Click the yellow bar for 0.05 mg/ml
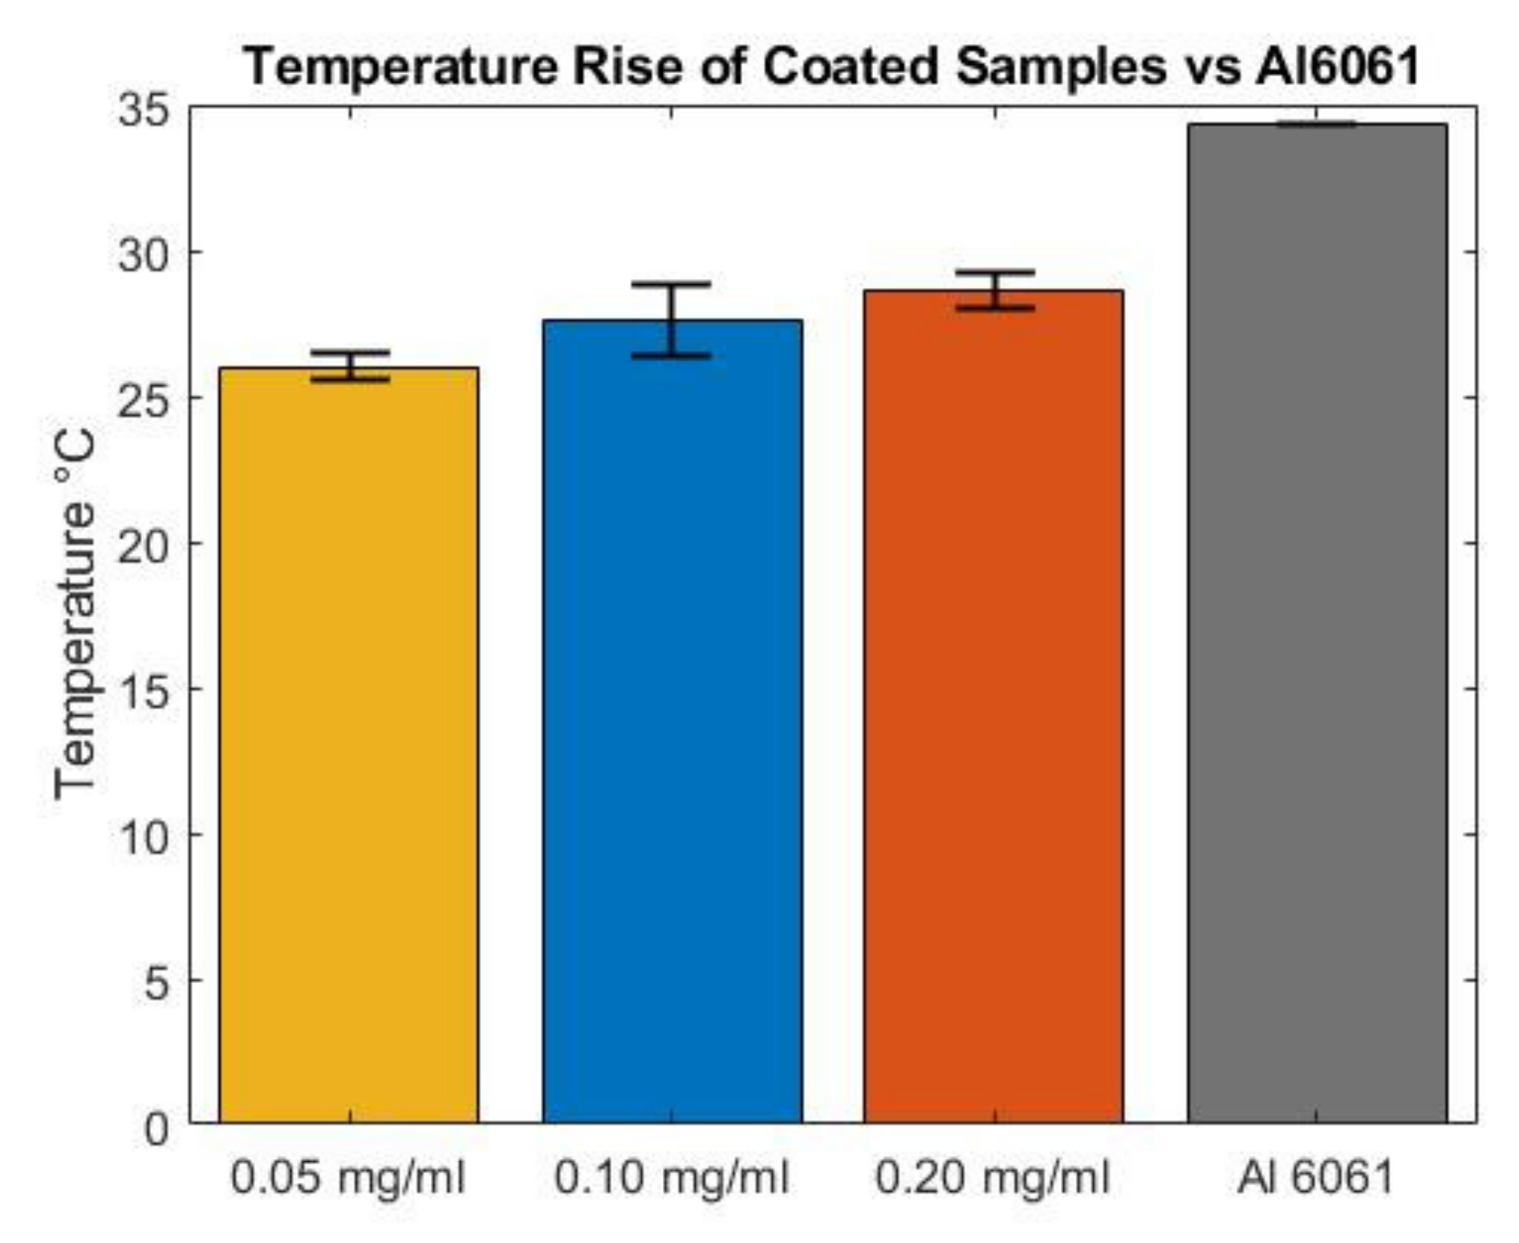pos(348,746)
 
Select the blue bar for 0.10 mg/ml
pos(672,722)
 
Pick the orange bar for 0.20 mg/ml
pos(993,706)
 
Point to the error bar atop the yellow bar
pos(350,366)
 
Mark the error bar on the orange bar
pos(995,290)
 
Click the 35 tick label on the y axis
pos(144,109)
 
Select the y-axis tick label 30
pos(144,255)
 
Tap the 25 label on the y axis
pos(144,400)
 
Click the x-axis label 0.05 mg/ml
pos(348,1178)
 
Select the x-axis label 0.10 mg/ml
pos(672,1178)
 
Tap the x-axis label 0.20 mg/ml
pos(993,1178)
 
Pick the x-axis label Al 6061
pos(1316,1178)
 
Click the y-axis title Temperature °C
pos(75,614)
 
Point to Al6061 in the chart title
pos(1338,66)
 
